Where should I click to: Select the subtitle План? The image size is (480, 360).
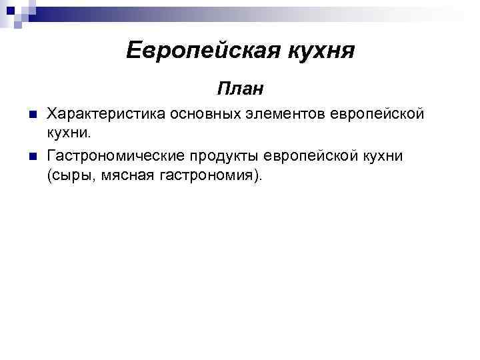[x=240, y=88]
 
